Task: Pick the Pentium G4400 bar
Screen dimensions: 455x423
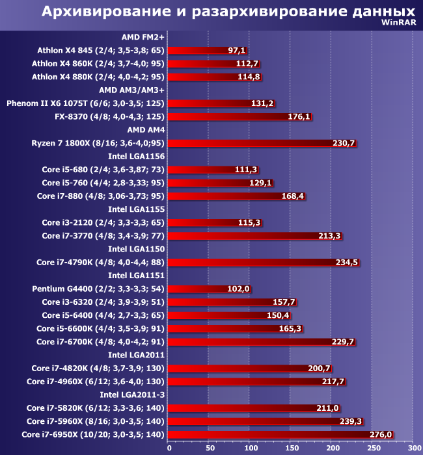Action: pyautogui.click(x=208, y=289)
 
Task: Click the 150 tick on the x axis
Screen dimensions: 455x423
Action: pyautogui.click(x=291, y=448)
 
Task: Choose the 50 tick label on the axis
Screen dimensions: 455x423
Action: pyautogui.click(x=210, y=448)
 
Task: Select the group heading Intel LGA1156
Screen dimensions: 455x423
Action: pyautogui.click(x=136, y=156)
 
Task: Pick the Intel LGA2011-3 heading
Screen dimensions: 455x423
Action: pyautogui.click(x=132, y=395)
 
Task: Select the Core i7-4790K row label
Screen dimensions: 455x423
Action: pyautogui.click(x=101, y=263)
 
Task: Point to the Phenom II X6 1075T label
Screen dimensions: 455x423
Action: pyautogui.click(x=85, y=103)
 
